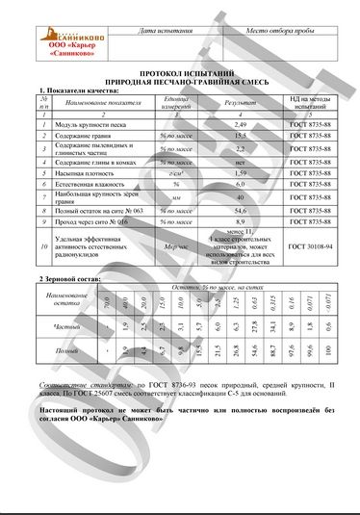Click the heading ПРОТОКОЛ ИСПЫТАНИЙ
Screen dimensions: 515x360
pyautogui.click(x=181, y=74)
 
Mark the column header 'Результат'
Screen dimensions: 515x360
pyautogui.click(x=241, y=101)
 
